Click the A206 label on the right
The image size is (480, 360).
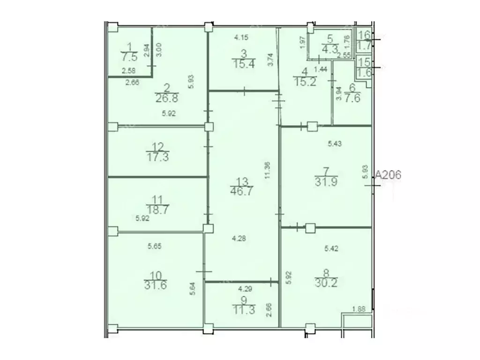point(388,175)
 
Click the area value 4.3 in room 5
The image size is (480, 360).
point(330,48)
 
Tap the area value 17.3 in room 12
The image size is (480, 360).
point(156,157)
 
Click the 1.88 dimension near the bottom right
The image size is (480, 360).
point(359,308)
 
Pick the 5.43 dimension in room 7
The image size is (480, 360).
point(334,144)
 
